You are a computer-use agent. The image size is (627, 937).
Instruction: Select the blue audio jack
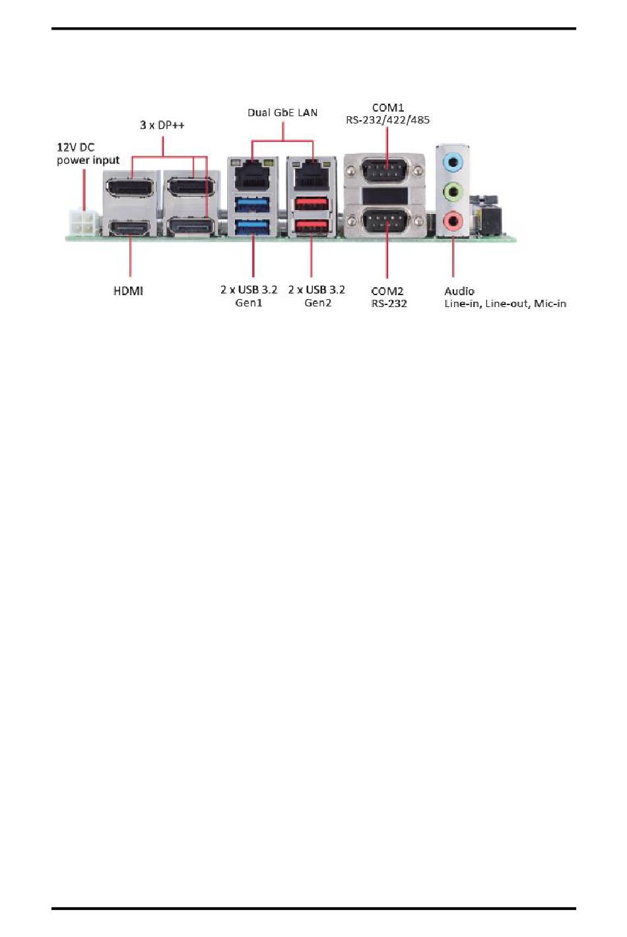coord(453,161)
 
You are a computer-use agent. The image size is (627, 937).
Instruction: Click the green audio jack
coord(453,192)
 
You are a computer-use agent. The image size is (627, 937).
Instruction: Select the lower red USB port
coord(312,226)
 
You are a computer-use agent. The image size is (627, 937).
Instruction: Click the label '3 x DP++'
coord(162,125)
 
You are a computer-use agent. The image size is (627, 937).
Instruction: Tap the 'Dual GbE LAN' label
coord(282,112)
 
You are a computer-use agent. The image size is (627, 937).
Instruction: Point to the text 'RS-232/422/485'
coord(388,120)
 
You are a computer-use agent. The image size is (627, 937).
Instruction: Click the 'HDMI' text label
coord(128,291)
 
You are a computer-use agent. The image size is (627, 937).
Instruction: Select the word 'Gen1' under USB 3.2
coord(249,303)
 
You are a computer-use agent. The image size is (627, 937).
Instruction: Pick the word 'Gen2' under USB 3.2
coord(317,303)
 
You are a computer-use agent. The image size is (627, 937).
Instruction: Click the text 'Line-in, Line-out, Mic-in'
coord(506,304)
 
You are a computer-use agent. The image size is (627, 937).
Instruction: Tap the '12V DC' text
coord(75,147)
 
